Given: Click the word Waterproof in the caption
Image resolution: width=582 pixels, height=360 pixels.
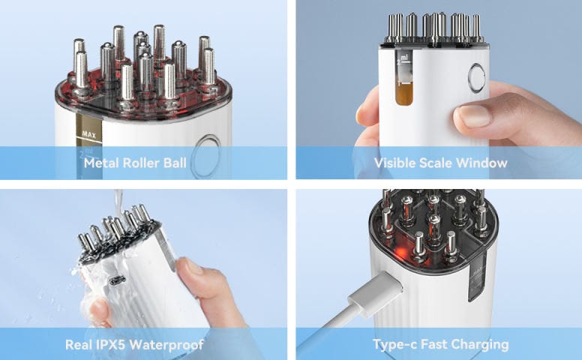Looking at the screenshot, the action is tap(166, 345).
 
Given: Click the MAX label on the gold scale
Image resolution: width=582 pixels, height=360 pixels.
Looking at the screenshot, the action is tap(88, 134).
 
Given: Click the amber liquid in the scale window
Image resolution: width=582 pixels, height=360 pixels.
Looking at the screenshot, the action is tap(404, 94).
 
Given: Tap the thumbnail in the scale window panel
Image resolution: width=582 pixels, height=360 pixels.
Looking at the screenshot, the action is tap(474, 115).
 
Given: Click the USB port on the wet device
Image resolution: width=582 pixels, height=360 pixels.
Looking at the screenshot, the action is tap(117, 280).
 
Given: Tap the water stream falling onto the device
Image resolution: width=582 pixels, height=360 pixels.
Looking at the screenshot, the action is tap(118, 203).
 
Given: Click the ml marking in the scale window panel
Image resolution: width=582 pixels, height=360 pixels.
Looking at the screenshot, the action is tap(404, 58).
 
